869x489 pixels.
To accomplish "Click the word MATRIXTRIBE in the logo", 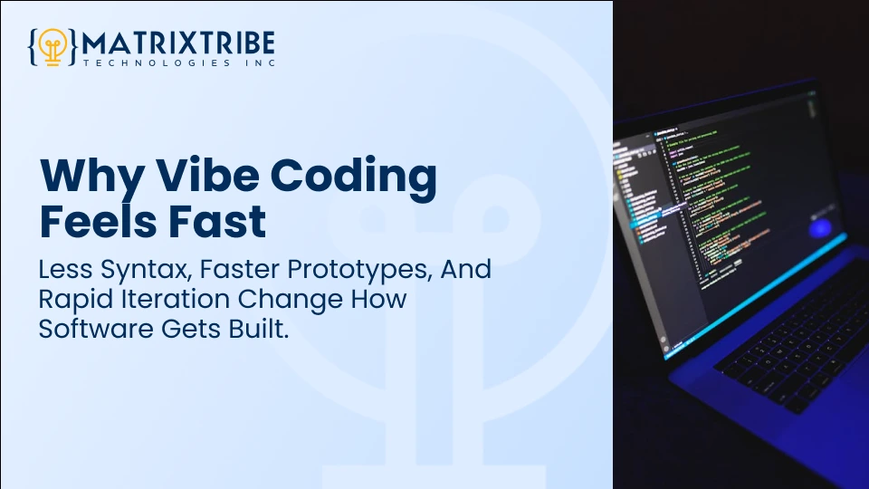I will coord(178,42).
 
